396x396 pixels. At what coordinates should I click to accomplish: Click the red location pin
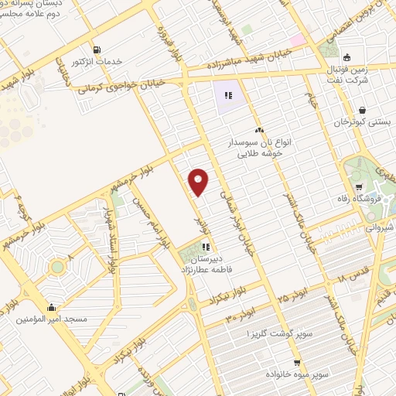click(199, 182)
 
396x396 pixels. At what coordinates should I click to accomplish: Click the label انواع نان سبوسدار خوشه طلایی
click(258, 148)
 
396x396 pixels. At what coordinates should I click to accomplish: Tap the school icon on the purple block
click(228, 96)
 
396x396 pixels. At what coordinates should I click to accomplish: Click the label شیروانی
click(378, 229)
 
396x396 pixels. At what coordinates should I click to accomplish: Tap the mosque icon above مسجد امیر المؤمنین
click(52, 306)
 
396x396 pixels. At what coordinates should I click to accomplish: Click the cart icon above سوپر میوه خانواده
click(297, 362)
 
